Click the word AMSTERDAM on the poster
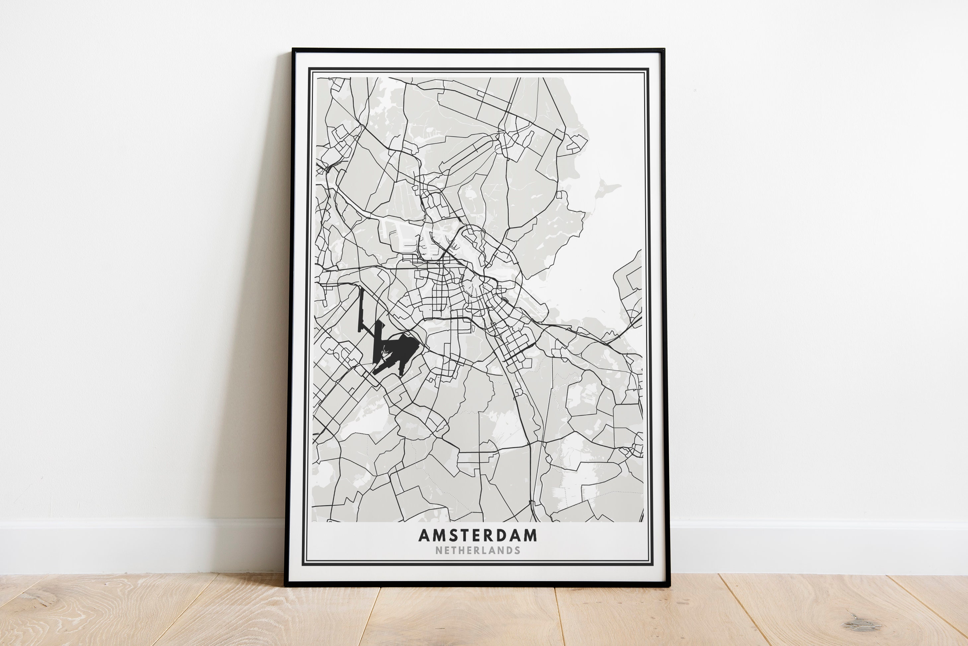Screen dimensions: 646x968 point(478,535)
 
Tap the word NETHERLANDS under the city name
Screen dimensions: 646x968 point(478,550)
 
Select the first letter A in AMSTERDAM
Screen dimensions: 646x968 point(424,535)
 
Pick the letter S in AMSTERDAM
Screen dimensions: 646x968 point(453,535)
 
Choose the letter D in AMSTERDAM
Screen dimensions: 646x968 point(503,535)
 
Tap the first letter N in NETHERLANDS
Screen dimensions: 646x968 point(438,550)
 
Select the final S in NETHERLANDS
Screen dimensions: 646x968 point(517,550)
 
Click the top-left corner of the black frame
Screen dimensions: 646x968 point(293,50)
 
